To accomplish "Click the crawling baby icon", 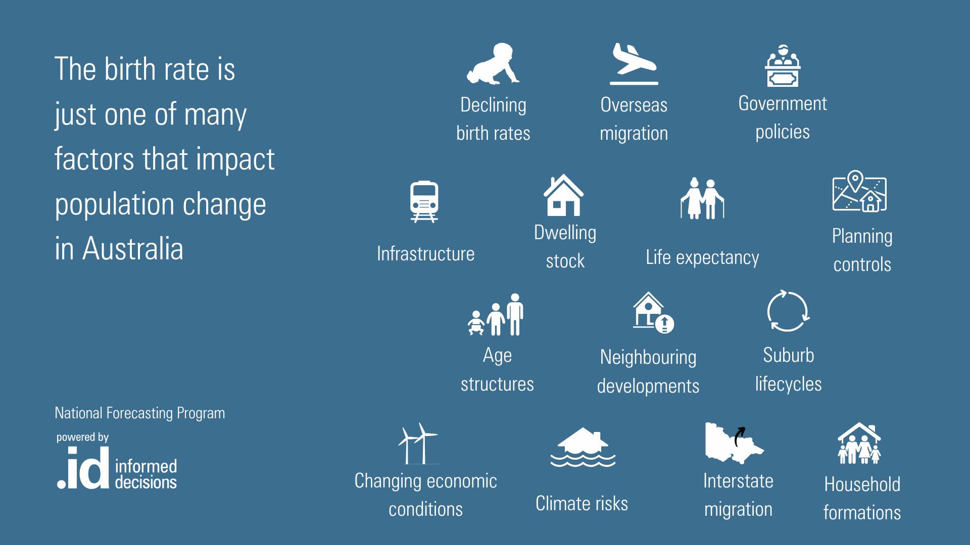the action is [x=493, y=64].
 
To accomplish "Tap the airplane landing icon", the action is [x=634, y=64].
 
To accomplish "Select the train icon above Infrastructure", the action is [x=424, y=202].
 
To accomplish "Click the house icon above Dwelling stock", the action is [x=564, y=195].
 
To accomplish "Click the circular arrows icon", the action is [x=788, y=311].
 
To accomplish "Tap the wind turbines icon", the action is [x=418, y=444].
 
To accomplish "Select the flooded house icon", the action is [x=583, y=448].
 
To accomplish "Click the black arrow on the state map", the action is [x=739, y=437].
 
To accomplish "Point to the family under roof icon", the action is [x=859, y=444].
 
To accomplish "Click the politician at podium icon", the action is [x=783, y=66].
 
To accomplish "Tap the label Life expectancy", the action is [x=702, y=257].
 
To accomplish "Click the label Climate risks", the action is [x=581, y=504].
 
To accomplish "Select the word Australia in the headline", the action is [x=133, y=249].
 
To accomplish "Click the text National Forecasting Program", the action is [x=140, y=413].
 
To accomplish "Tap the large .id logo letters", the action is [x=83, y=468].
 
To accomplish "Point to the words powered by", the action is [x=82, y=437].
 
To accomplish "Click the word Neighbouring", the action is [x=648, y=358].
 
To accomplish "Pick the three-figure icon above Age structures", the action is [x=496, y=314].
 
